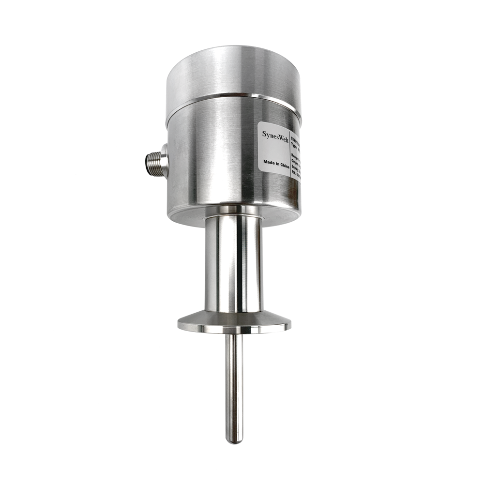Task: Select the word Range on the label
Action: coord(295,156)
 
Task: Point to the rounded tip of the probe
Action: coord(235,439)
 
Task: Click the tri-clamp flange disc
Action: coord(234,323)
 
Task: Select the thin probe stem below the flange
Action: coord(235,382)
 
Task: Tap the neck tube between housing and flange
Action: coord(234,264)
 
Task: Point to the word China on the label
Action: coord(283,164)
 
